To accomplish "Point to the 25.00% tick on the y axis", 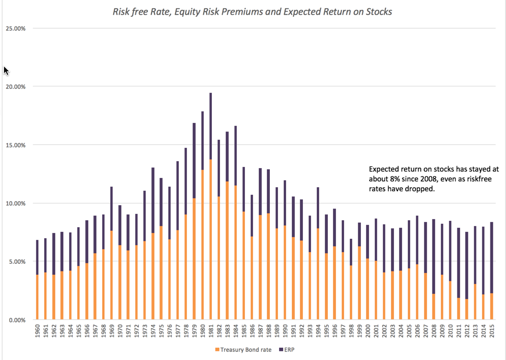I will click(x=15, y=28).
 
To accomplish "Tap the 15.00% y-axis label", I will click(x=15, y=145).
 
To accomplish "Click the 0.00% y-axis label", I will click(x=16, y=320).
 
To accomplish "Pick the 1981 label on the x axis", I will click(x=211, y=333).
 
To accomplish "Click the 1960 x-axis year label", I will click(x=38, y=333).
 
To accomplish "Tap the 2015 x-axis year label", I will click(x=491, y=333).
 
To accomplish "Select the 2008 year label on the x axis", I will click(x=433, y=333).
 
